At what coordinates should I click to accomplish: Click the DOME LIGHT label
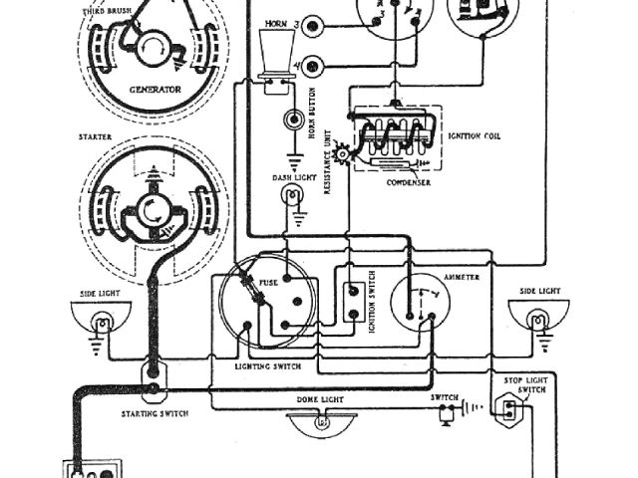point(320,398)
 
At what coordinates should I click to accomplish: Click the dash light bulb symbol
point(296,198)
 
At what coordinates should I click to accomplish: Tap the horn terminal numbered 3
point(316,24)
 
